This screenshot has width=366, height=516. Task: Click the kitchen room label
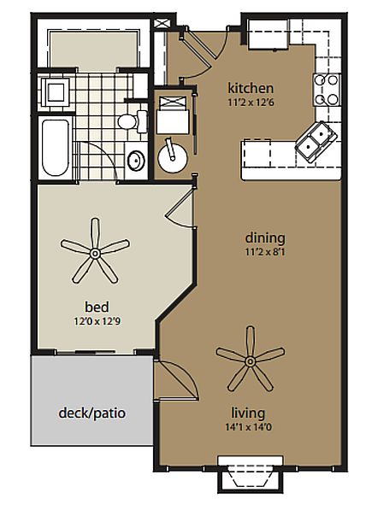[251, 88]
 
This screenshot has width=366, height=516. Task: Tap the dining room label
[265, 238]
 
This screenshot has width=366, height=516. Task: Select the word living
[248, 413]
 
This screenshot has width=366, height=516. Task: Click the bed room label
[97, 307]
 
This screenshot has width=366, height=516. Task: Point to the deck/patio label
[91, 413]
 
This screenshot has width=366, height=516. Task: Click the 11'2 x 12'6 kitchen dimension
[251, 103]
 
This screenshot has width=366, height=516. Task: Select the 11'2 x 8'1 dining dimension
[265, 252]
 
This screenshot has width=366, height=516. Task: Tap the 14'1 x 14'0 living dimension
[249, 427]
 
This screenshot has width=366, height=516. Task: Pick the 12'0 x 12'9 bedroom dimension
[97, 321]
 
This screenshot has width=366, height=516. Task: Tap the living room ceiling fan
[251, 361]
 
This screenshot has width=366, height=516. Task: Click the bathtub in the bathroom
[56, 148]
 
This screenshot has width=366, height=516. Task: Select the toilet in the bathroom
[133, 121]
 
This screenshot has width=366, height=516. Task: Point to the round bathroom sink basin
[136, 161]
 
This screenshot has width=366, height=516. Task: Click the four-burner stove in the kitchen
[327, 90]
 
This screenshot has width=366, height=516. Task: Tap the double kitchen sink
[316, 141]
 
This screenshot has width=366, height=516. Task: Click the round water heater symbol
[173, 159]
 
